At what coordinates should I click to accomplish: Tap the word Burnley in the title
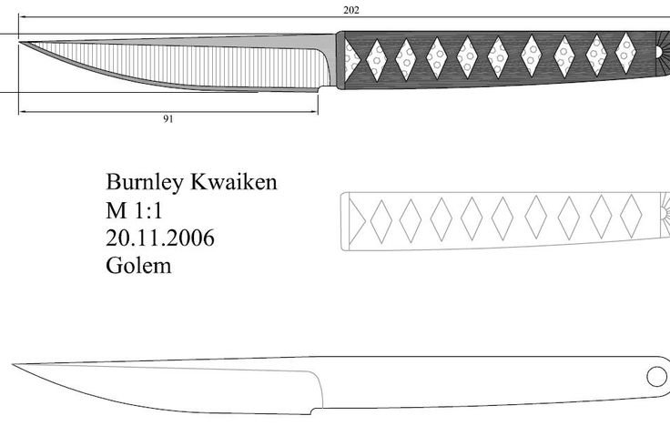click(x=145, y=182)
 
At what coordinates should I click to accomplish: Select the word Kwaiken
click(x=233, y=182)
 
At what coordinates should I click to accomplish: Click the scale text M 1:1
click(x=135, y=210)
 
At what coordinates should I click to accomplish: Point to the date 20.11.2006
click(x=161, y=238)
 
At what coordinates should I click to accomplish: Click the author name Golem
click(x=139, y=267)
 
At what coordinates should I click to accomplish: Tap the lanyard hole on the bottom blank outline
click(x=655, y=374)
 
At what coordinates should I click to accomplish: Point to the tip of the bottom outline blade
click(x=15, y=366)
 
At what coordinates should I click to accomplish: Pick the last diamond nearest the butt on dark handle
click(x=626, y=52)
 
